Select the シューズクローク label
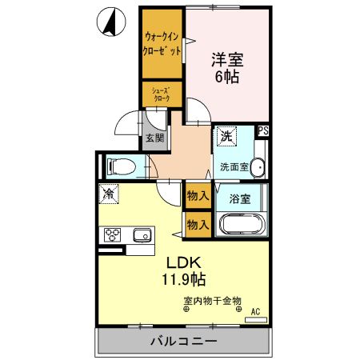click(162, 94)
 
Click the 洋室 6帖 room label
click(227, 68)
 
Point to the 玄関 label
click(154, 138)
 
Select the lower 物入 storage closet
click(198, 225)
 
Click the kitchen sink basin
click(142, 235)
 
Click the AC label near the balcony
click(256, 312)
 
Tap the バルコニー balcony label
click(183, 342)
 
